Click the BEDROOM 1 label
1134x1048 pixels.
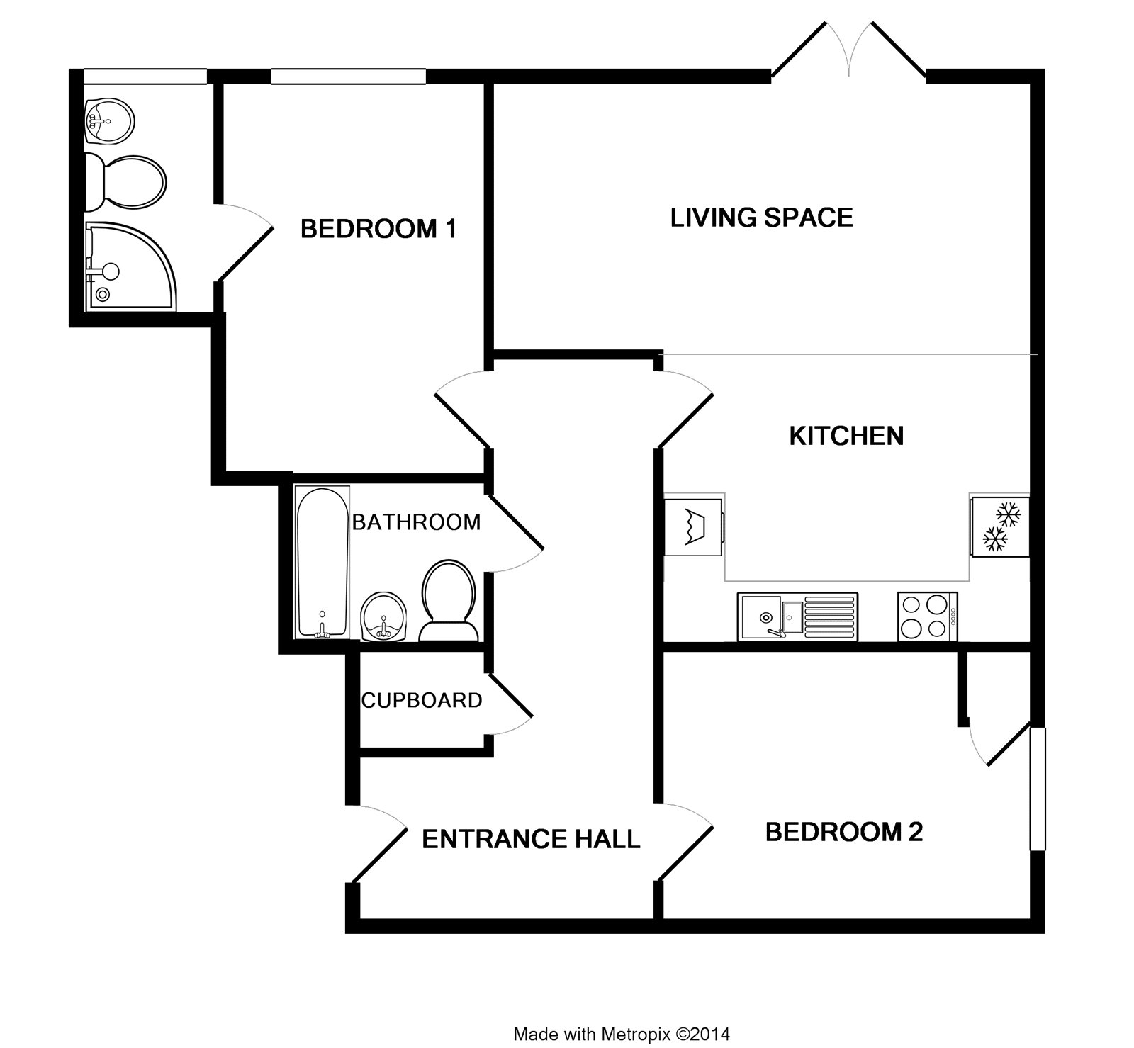tap(378, 229)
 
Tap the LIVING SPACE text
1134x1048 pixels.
tap(761, 217)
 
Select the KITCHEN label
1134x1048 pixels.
tap(846, 435)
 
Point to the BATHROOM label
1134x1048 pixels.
tap(416, 522)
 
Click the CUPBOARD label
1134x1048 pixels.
tap(422, 700)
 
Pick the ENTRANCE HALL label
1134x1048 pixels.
tap(531, 839)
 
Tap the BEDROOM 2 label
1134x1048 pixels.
tap(844, 831)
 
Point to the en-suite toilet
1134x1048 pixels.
tap(126, 182)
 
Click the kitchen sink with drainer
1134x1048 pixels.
tap(797, 617)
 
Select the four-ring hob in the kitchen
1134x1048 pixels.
tap(927, 616)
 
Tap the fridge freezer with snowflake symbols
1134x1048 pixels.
tap(999, 526)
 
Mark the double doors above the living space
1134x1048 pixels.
tap(848, 50)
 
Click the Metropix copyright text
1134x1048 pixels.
tap(621, 1034)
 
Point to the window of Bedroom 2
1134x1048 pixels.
tap(1037, 787)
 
